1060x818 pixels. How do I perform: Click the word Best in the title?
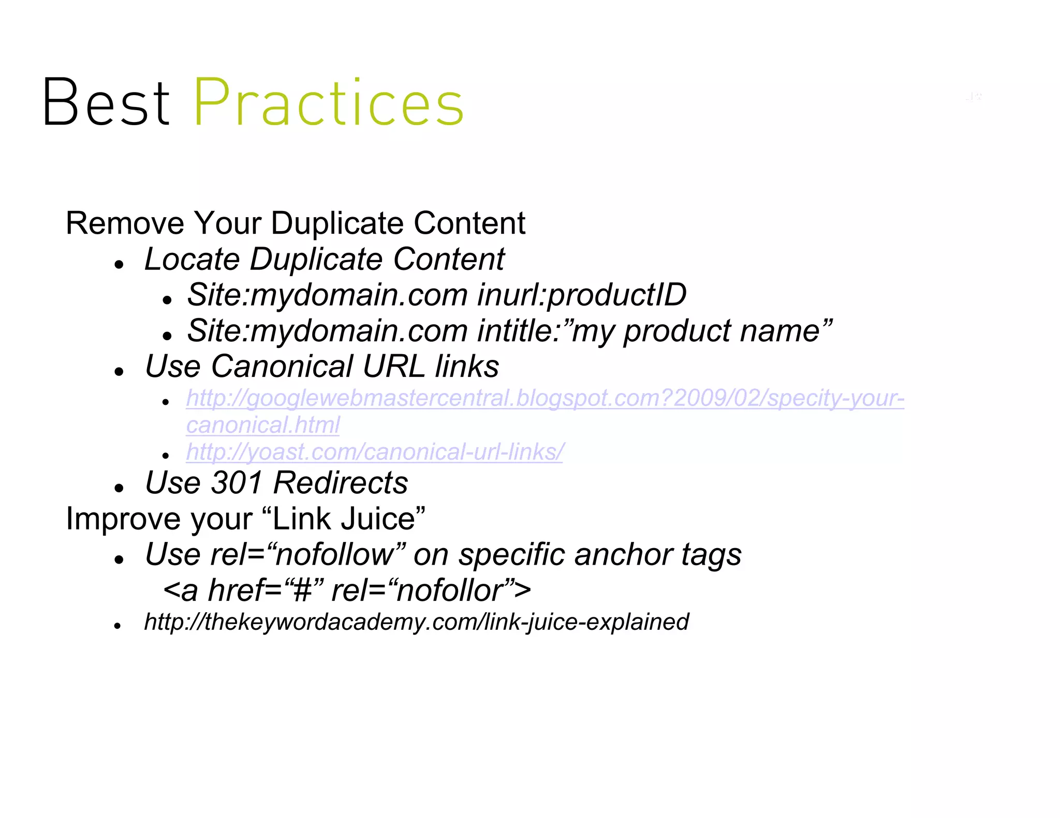coord(106,102)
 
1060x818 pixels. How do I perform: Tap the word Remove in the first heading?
coord(125,223)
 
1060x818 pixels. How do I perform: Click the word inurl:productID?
coord(581,295)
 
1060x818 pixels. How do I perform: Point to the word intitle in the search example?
coord(518,331)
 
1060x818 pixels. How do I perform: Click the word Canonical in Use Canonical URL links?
coord(282,367)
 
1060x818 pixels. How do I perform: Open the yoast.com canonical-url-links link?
coord(374,452)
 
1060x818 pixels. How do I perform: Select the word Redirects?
coord(341,483)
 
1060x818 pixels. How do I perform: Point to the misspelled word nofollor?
coord(449,590)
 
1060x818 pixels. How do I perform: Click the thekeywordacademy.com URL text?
coord(416,622)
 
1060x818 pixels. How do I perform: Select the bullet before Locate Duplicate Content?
coord(120,265)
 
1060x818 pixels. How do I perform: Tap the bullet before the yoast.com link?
coord(166,456)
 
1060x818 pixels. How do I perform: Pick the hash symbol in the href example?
coord(302,590)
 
